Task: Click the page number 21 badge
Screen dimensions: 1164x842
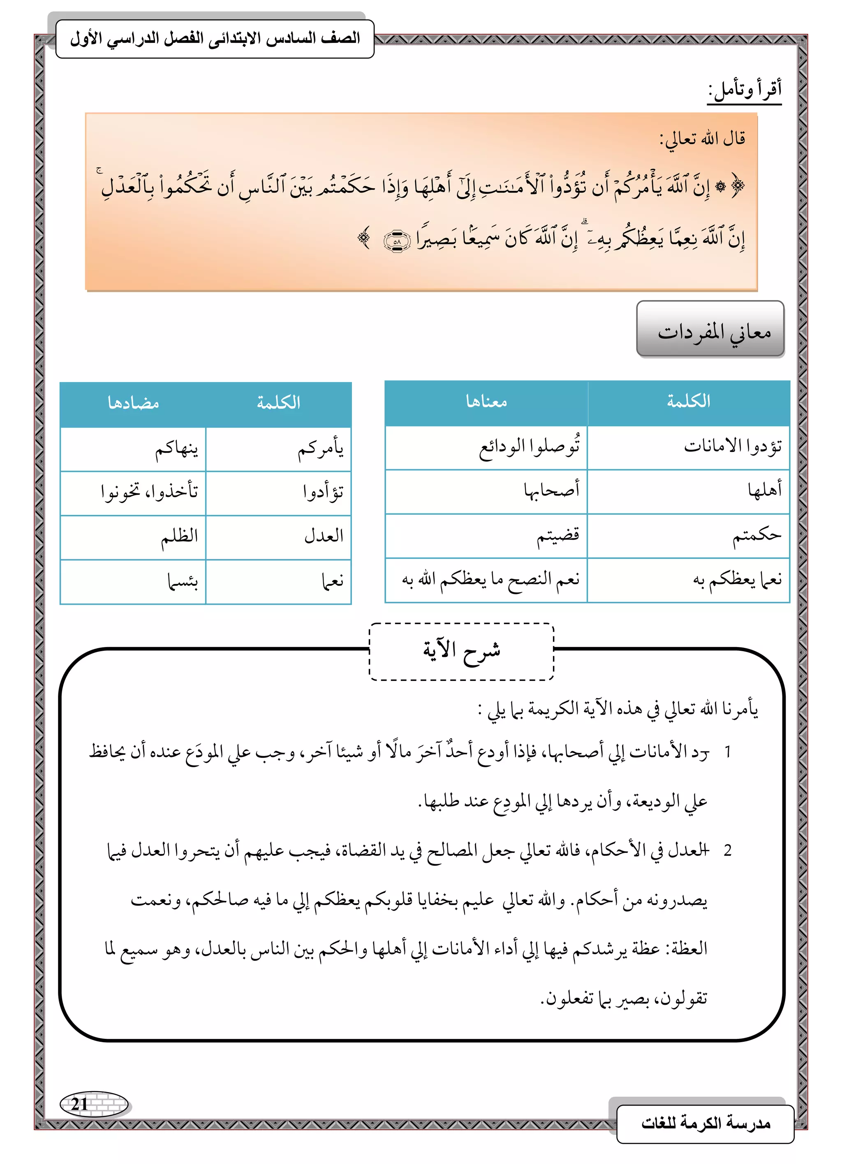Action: coord(93,1103)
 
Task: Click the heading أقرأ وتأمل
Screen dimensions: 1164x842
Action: coord(745,91)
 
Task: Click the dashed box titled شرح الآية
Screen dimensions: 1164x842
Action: coord(462,651)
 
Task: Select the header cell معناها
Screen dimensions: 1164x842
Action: coord(486,403)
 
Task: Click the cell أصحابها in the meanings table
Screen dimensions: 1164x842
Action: coord(551,491)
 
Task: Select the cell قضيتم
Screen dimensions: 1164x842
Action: coord(557,536)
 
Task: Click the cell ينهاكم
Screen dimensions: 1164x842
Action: coord(176,449)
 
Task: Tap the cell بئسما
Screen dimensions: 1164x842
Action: coord(183,582)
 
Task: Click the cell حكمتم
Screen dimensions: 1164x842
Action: coord(756,536)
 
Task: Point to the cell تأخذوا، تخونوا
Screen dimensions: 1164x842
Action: coord(149,493)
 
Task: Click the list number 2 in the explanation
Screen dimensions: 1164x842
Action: coord(727,850)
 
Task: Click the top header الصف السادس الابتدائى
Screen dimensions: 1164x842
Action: coord(215,39)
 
